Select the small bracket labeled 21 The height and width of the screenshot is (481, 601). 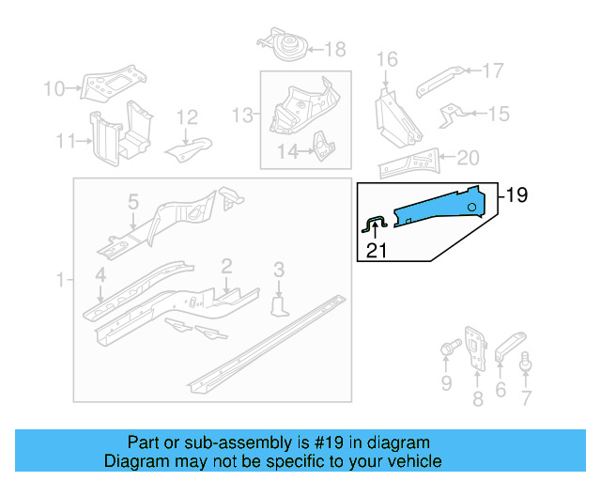click(x=376, y=223)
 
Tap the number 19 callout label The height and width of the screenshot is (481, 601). click(x=516, y=195)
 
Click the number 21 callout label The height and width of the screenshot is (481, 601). click(x=376, y=250)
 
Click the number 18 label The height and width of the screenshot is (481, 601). click(x=335, y=49)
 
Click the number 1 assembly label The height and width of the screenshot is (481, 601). click(x=61, y=280)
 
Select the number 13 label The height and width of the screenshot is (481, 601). click(x=243, y=115)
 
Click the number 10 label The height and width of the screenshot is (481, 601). click(x=54, y=89)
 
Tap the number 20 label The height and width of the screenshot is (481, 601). click(x=467, y=158)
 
